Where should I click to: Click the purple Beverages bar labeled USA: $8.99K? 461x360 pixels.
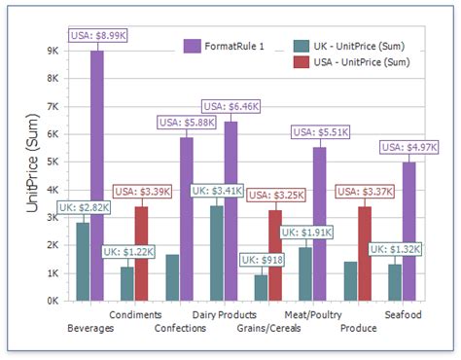97,175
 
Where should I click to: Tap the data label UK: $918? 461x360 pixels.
263,260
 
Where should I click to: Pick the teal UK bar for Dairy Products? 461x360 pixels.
216,253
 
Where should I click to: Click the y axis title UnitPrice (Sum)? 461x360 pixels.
32,175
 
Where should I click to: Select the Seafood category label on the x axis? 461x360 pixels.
404,314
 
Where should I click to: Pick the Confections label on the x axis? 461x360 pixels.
180,328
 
